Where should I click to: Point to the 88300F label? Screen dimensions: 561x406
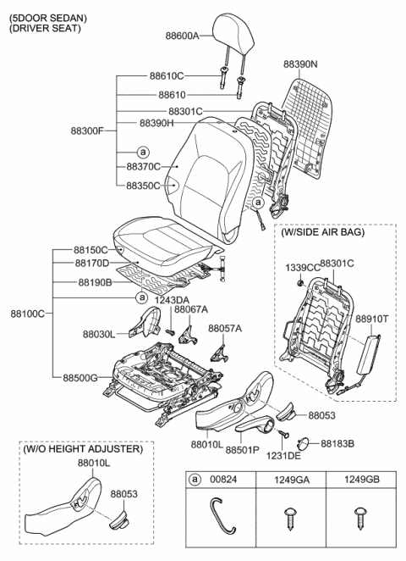tap(88, 131)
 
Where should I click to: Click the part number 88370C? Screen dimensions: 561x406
tap(143, 167)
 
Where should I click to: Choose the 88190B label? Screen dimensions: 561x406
tap(95, 282)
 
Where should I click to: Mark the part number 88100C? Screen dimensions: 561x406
tap(28, 314)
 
